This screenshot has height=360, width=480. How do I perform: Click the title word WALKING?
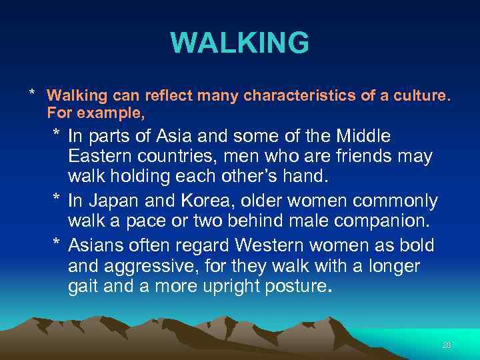(x=240, y=43)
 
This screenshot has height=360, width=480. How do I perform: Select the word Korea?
(x=189, y=201)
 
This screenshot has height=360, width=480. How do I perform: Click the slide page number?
(x=447, y=345)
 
